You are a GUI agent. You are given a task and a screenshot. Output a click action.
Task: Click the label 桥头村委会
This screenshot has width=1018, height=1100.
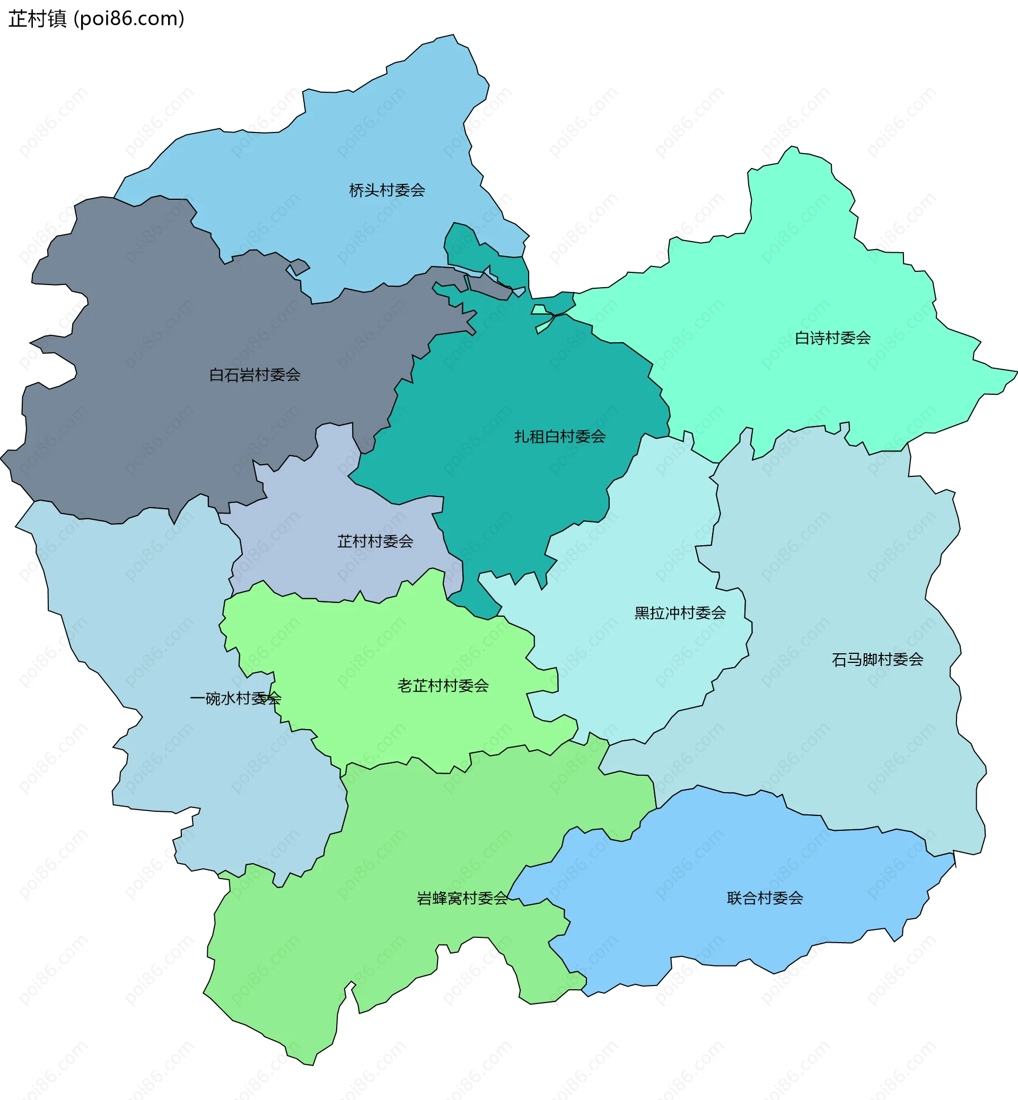[387, 191]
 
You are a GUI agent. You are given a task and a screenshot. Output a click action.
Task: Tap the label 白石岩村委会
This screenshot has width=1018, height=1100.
[254, 375]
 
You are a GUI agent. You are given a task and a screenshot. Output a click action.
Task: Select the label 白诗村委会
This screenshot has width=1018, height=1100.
[832, 338]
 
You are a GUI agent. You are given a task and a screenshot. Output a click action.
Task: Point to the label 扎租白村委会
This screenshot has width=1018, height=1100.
[560, 437]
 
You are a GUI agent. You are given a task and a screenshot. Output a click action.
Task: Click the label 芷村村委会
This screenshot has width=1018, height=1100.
[375, 541]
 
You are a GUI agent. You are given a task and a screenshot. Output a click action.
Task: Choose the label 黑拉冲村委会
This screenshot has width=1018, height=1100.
[680, 613]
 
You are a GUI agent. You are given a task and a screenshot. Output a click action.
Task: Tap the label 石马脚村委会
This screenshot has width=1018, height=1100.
[877, 660]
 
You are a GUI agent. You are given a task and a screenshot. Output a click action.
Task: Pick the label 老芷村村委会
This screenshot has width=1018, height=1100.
[443, 686]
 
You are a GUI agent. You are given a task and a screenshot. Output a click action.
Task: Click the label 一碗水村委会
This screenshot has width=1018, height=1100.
[235, 699]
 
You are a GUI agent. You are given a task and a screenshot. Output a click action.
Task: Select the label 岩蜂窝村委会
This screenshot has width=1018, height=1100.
[462, 898]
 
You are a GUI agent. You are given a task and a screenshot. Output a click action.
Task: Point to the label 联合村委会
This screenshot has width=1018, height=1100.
[765, 898]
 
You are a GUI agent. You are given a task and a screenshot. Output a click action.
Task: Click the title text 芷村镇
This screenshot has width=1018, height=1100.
[38, 19]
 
